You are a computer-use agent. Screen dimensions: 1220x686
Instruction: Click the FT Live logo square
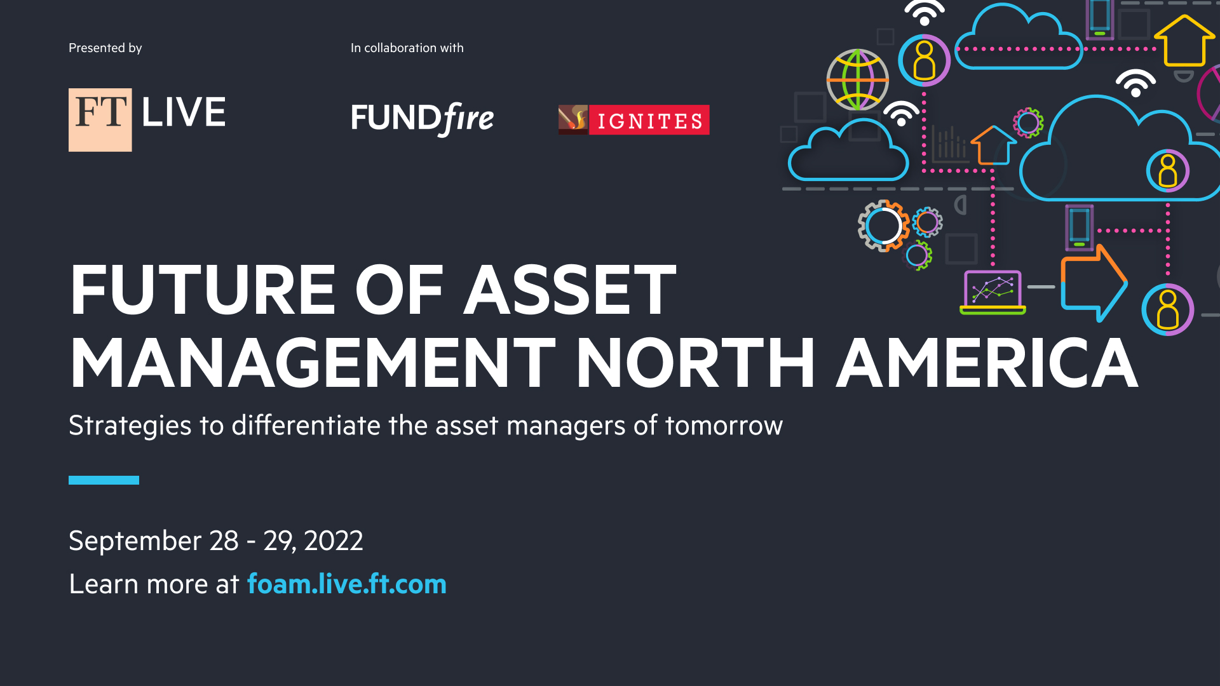click(100, 119)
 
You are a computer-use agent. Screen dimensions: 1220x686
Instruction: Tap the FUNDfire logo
click(423, 119)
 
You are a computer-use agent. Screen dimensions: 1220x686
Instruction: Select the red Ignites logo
click(634, 119)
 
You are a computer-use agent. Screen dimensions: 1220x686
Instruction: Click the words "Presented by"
click(105, 48)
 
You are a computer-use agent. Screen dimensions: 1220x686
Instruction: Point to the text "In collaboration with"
click(407, 48)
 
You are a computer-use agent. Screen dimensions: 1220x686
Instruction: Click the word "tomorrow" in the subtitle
click(724, 426)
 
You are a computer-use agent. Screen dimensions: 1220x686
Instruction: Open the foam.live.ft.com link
click(347, 584)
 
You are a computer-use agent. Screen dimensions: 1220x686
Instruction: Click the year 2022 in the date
click(334, 541)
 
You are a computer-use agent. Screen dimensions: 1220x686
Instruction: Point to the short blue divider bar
click(104, 480)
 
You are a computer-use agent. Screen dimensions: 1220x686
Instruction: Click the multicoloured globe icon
click(858, 79)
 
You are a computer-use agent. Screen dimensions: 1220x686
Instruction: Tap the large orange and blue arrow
click(1094, 283)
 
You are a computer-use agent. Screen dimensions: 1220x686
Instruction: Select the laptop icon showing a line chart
click(993, 292)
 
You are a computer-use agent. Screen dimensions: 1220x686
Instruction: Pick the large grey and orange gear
click(883, 225)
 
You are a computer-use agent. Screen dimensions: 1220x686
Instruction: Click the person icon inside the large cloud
click(1168, 171)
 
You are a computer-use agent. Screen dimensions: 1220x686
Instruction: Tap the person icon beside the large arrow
click(1168, 309)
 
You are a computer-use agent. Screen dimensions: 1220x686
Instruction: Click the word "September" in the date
click(135, 541)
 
